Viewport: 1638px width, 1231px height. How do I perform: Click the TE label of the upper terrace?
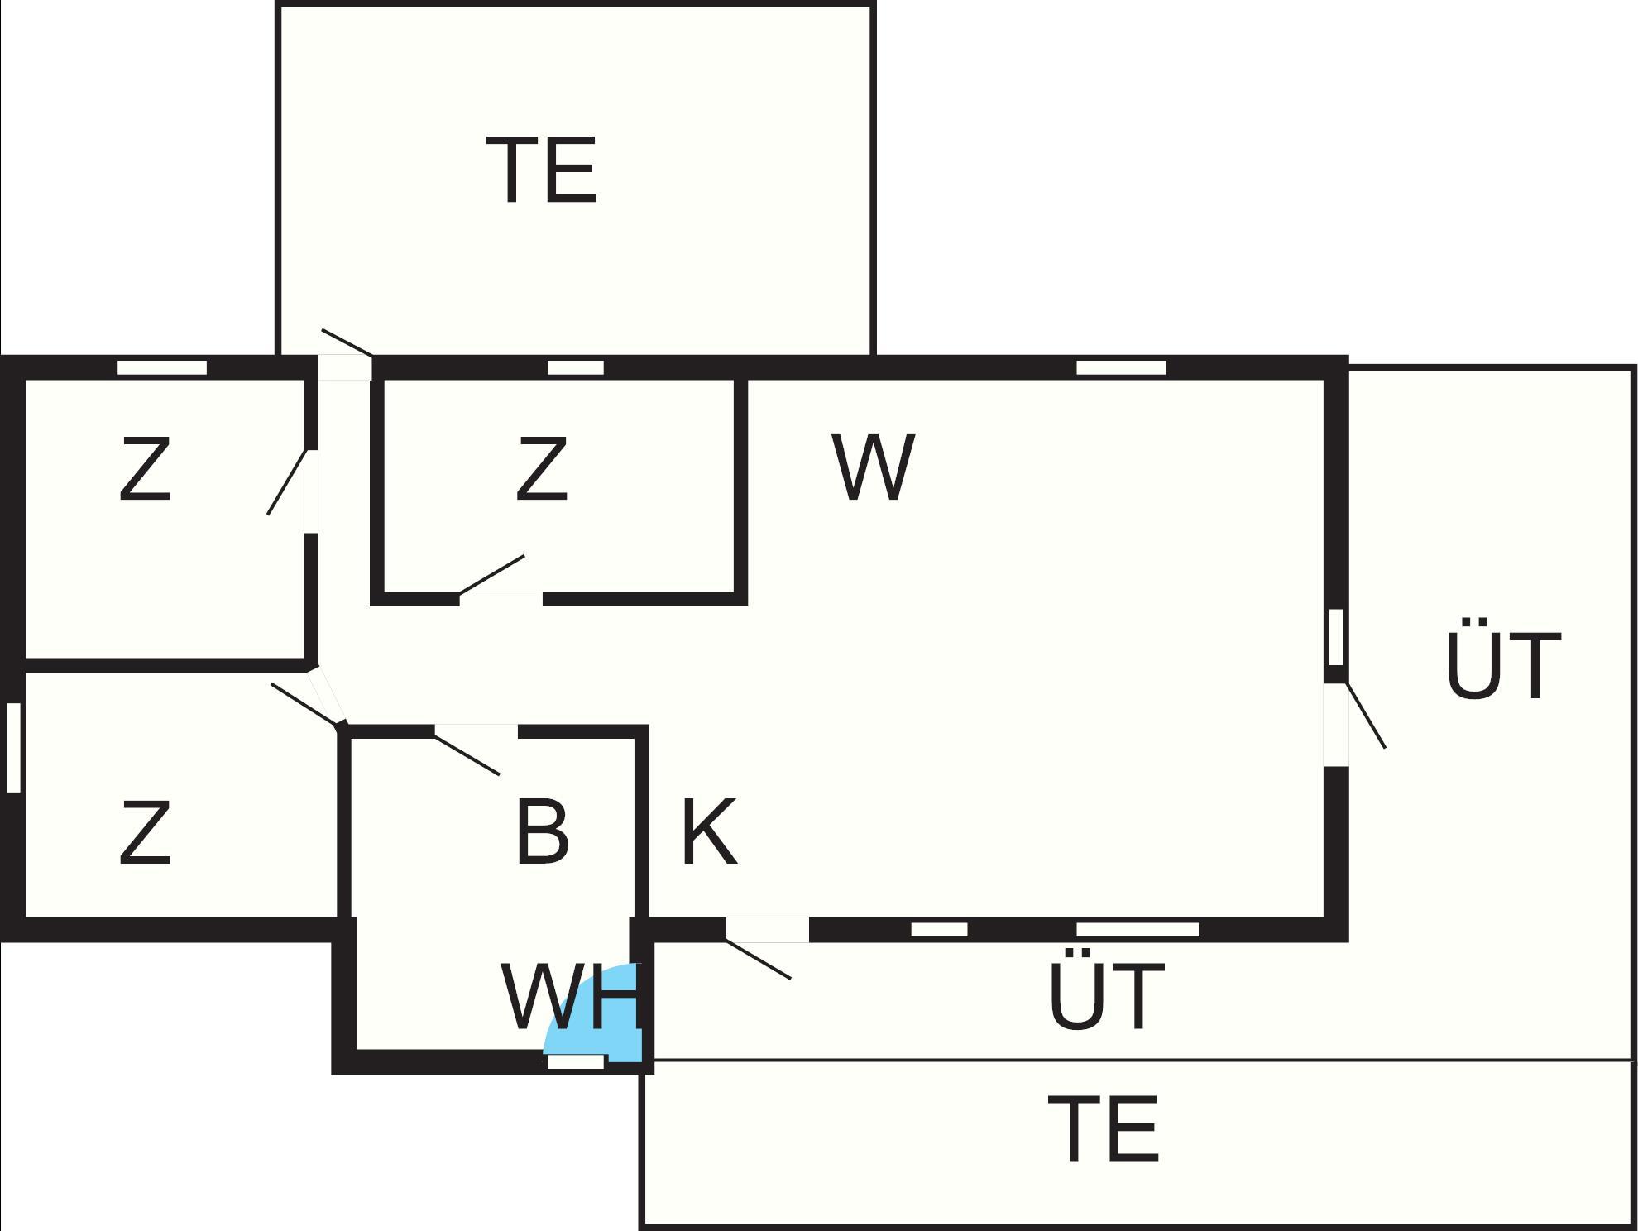click(x=542, y=170)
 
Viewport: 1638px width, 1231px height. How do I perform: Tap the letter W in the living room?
click(x=874, y=467)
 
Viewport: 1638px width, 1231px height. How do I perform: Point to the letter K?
click(x=708, y=832)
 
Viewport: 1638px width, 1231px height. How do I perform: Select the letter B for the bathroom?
click(x=542, y=832)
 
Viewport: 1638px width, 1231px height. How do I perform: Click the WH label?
click(x=571, y=998)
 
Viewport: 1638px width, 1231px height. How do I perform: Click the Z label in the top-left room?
click(x=146, y=470)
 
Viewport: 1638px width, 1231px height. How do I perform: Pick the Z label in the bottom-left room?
click(x=146, y=833)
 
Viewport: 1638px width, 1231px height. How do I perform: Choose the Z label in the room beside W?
click(x=542, y=470)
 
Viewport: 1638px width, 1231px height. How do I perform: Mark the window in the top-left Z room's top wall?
click(x=162, y=367)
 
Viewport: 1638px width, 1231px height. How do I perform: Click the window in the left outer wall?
click(x=13, y=747)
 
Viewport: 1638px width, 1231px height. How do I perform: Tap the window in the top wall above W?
click(x=1121, y=367)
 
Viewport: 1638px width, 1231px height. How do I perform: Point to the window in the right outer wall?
click(x=1336, y=637)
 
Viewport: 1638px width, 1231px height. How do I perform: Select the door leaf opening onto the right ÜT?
click(x=1366, y=716)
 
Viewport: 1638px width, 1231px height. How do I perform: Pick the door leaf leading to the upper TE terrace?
click(x=347, y=342)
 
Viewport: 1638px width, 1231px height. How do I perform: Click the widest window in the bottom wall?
click(x=1137, y=930)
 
